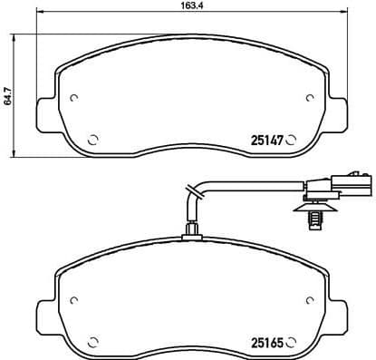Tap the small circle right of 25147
[x=293, y=140]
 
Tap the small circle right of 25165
[x=293, y=343]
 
